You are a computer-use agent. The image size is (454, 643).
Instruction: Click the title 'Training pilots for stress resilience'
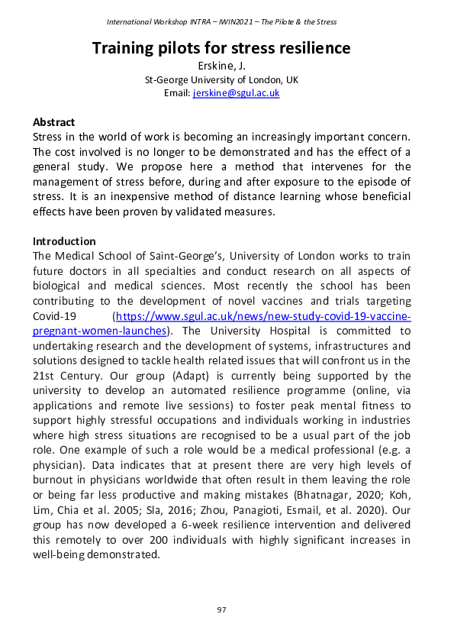(x=221, y=48)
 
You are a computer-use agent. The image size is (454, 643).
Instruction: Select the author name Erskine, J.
(x=221, y=66)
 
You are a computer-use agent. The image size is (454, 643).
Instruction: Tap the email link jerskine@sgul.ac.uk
(x=236, y=92)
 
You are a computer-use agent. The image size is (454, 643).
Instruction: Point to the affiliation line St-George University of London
(x=221, y=79)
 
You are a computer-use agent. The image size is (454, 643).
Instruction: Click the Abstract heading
(x=55, y=122)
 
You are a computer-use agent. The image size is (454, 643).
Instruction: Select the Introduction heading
(x=64, y=241)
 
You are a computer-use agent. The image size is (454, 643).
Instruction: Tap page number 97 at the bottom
(x=221, y=609)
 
